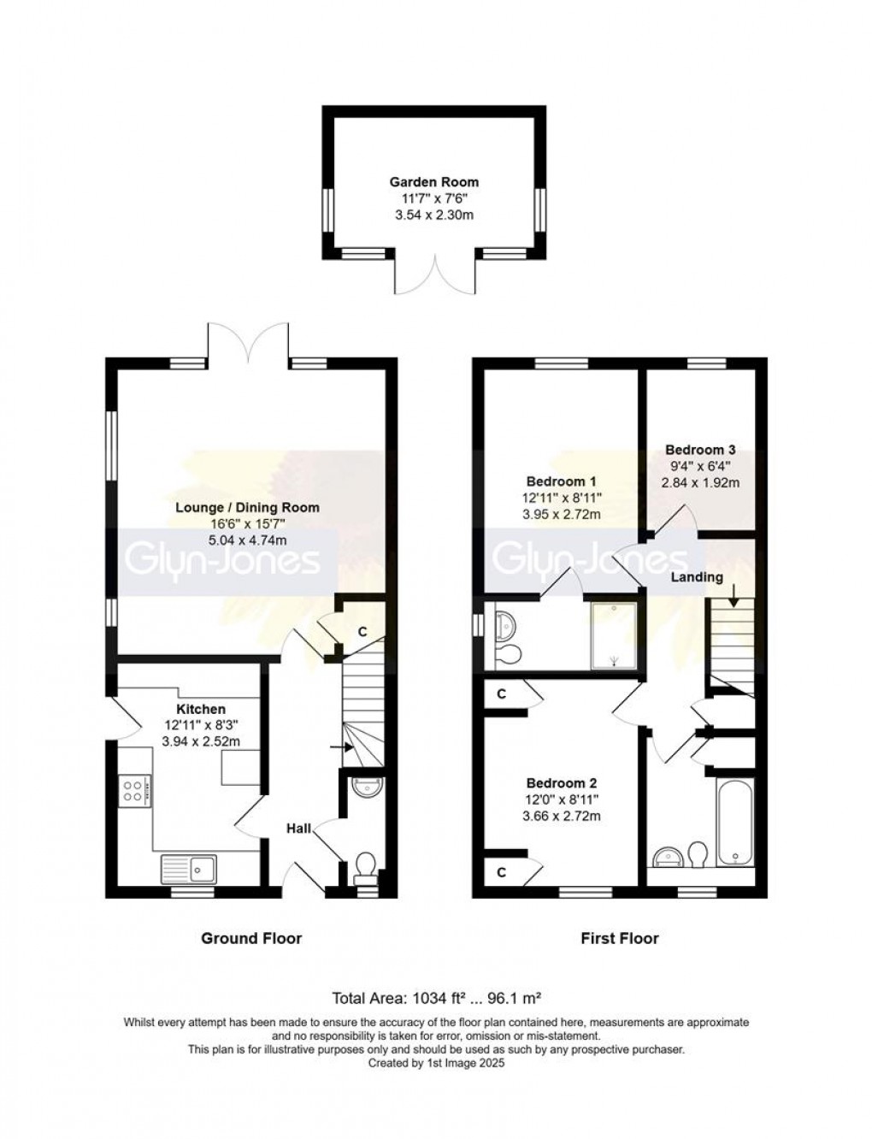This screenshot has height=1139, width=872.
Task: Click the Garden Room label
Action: [434, 181]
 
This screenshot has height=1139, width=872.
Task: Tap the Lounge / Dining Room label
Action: [247, 507]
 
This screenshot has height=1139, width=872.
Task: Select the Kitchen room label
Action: [201, 709]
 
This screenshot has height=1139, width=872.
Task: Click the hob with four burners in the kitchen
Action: [135, 789]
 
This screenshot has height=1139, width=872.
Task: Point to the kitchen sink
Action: [189, 869]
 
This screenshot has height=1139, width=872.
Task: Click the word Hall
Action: [298, 828]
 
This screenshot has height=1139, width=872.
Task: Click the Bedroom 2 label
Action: [562, 783]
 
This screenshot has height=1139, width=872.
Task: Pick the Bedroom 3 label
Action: [700, 450]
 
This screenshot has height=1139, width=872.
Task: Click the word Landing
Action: [696, 577]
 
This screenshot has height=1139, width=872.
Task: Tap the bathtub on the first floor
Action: [734, 823]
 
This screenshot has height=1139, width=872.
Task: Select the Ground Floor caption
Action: [251, 938]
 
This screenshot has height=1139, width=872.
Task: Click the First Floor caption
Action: [620, 938]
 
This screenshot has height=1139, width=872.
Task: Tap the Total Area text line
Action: [437, 998]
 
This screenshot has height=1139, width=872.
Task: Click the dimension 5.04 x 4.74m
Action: [247, 540]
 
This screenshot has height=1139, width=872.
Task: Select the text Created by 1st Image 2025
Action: [436, 1064]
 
